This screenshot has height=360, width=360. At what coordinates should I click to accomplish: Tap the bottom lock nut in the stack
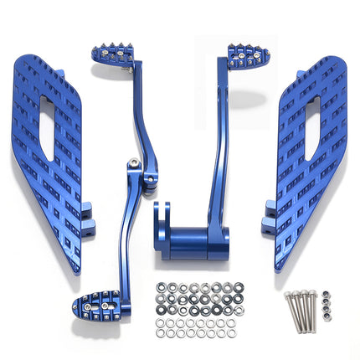[x=329, y=327]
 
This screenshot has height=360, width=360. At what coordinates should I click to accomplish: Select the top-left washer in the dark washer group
[x=161, y=287]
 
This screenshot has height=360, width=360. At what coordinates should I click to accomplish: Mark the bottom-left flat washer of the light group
[x=162, y=333]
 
